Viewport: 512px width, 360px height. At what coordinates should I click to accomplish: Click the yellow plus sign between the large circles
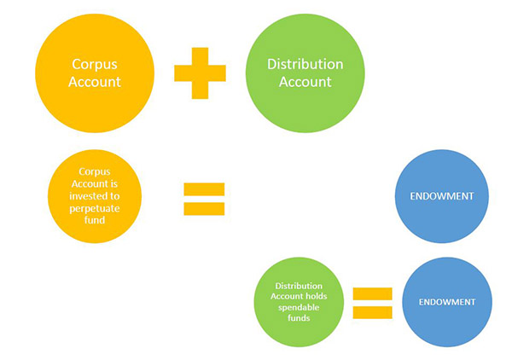(x=201, y=74)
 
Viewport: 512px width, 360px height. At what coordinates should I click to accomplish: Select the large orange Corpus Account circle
(x=95, y=74)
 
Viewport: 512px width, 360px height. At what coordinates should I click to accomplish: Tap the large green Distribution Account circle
(x=305, y=74)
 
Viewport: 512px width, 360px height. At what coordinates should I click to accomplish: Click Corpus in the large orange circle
(x=95, y=66)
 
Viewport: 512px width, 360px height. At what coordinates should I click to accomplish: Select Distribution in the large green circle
(x=305, y=65)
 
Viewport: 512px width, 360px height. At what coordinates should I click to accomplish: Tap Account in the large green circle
(x=305, y=83)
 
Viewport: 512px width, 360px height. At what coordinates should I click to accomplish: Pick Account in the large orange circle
(x=95, y=83)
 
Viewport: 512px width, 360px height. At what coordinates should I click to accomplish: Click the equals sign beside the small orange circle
(x=204, y=199)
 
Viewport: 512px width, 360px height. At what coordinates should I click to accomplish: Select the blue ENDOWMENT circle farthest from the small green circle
(x=444, y=197)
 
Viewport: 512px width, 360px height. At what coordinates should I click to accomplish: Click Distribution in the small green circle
(x=302, y=286)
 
